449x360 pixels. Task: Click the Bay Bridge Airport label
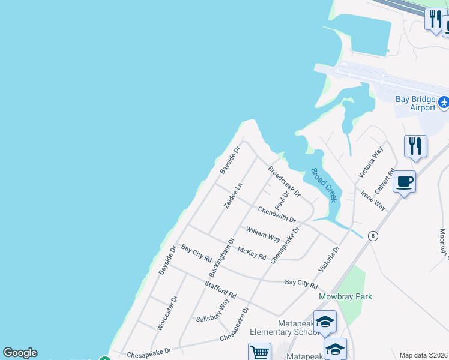415,103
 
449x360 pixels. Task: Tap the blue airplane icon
444,102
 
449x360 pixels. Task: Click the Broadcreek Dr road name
284,182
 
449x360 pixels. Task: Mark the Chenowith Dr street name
277,215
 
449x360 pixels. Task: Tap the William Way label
263,233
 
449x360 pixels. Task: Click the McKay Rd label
252,253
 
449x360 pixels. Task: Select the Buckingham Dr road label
222,258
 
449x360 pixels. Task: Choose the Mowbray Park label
345,296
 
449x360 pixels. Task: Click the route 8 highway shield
373,236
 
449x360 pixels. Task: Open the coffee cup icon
405,182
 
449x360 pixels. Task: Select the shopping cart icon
259,352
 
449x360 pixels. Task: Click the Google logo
20,353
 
